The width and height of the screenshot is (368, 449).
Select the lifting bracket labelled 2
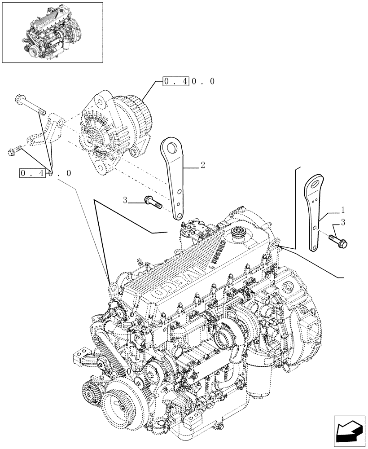[175, 177]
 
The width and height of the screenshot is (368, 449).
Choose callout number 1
[342, 209]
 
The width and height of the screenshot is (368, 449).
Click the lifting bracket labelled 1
[317, 211]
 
